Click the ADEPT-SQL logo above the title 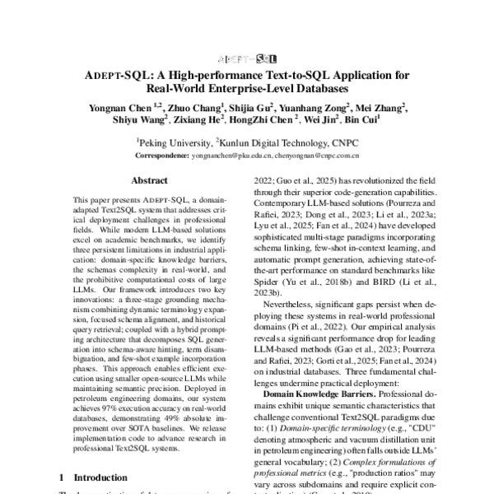[x=246, y=59]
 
